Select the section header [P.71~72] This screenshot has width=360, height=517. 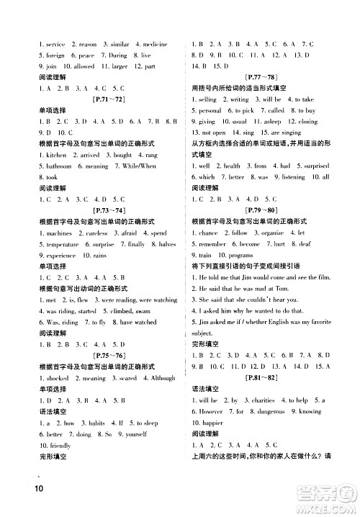(x=107, y=97)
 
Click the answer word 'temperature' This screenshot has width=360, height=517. (x=63, y=244)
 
